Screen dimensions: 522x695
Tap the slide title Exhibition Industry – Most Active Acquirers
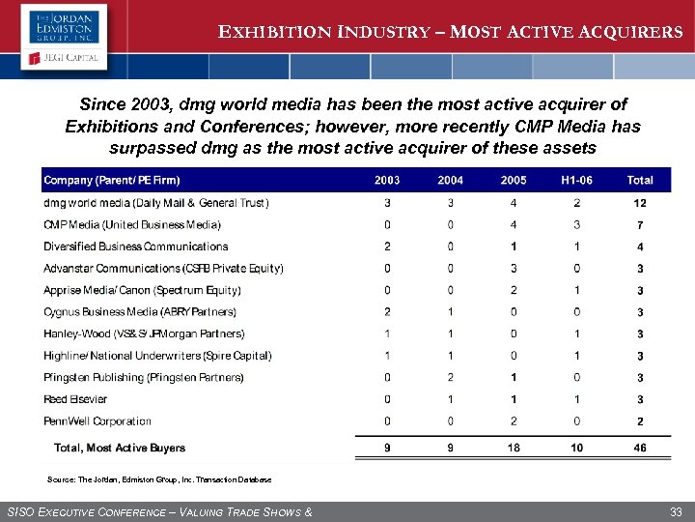point(451,32)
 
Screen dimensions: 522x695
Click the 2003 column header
point(387,180)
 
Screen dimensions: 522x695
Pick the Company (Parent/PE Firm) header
point(112,180)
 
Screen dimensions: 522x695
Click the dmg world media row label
point(156,203)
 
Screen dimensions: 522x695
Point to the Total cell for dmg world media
point(640,203)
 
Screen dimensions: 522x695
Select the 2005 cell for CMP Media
point(514,225)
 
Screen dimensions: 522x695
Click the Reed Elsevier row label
point(75,399)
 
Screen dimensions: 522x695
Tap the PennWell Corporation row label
point(97,421)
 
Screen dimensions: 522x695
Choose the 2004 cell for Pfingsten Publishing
point(450,378)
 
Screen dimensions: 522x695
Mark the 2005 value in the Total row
point(514,449)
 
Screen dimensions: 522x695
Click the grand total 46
point(640,449)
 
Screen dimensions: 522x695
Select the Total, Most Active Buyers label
point(120,449)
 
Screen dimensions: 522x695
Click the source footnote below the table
point(159,479)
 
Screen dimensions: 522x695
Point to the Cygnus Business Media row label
point(140,312)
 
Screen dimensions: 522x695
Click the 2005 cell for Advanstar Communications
point(514,269)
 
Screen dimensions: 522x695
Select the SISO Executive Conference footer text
point(159,511)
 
